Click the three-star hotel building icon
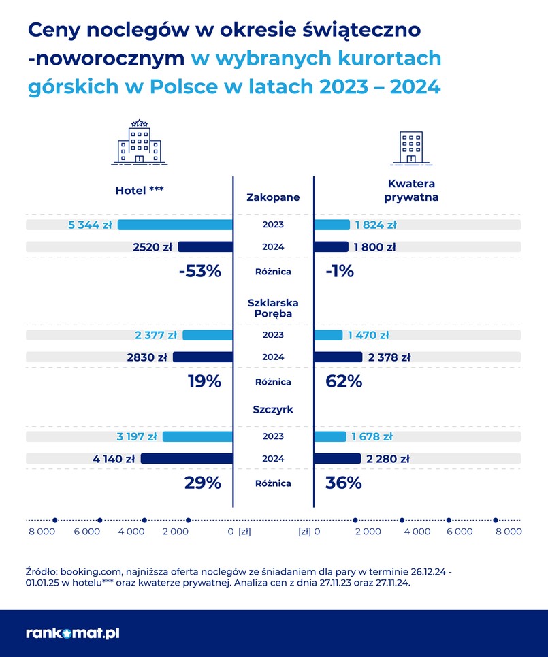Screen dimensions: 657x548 (140, 142)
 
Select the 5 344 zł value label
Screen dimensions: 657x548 (91, 225)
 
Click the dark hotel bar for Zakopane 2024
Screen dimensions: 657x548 (206, 246)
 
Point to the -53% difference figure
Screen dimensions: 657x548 (200, 271)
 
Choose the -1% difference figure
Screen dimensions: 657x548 (340, 271)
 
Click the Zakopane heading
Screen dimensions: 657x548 (272, 197)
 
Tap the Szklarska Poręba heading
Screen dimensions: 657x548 (272, 308)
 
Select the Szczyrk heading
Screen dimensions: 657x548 (272, 409)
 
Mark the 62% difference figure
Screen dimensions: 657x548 (344, 381)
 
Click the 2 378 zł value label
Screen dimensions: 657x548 (389, 357)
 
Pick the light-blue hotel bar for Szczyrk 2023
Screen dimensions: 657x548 (197, 436)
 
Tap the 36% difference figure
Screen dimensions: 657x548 (344, 483)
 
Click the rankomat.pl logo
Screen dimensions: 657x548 (73, 633)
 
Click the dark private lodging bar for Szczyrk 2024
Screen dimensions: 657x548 (338, 459)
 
